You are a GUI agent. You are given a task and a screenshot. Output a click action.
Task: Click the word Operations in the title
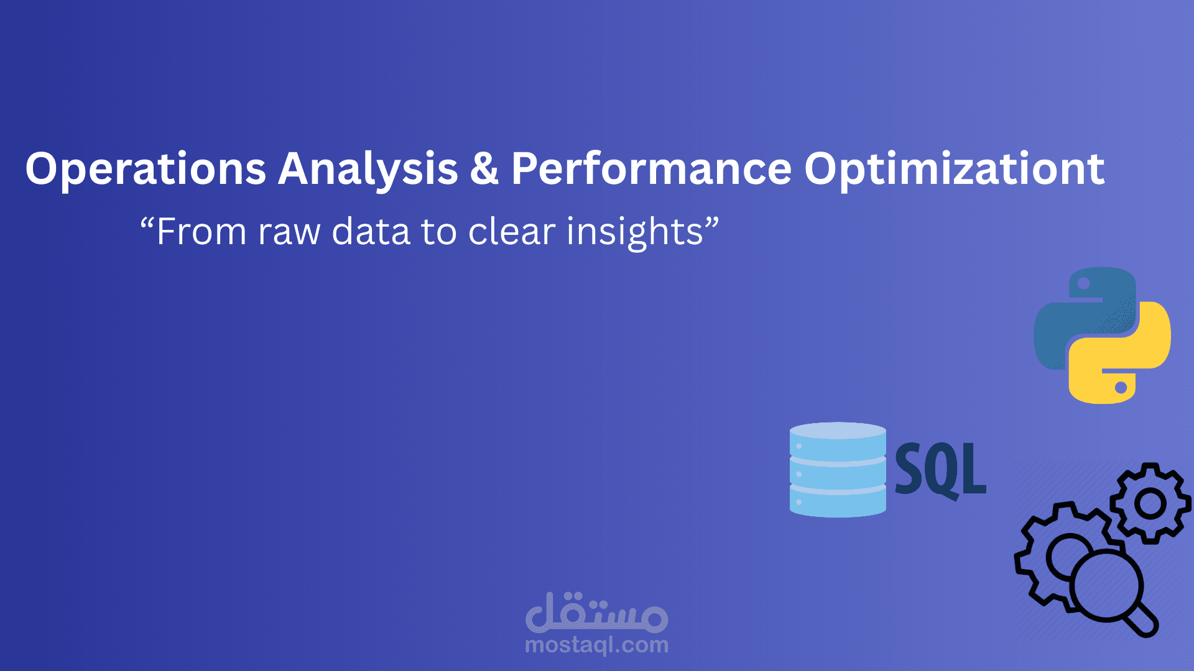(146, 169)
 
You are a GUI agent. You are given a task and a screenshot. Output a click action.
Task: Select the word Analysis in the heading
(368, 169)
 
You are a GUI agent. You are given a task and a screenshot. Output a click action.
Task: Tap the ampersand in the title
(484, 169)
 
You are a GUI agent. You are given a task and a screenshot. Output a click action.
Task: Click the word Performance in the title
(651, 169)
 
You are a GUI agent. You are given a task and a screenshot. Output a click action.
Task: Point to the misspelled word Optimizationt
(954, 169)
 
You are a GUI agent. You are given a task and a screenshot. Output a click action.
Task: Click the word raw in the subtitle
(289, 232)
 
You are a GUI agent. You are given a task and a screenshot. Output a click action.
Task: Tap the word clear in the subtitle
(511, 232)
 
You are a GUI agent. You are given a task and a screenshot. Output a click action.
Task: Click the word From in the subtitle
(201, 232)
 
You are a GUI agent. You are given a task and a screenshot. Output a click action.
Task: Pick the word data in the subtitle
(371, 232)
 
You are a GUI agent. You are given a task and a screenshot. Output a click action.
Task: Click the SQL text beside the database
(940, 470)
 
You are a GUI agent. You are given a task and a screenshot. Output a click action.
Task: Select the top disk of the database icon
(838, 441)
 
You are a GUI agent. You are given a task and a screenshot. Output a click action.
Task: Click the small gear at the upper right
(1150, 503)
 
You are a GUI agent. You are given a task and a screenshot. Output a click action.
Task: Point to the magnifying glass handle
(1143, 621)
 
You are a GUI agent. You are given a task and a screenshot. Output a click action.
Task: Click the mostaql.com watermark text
(596, 646)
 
